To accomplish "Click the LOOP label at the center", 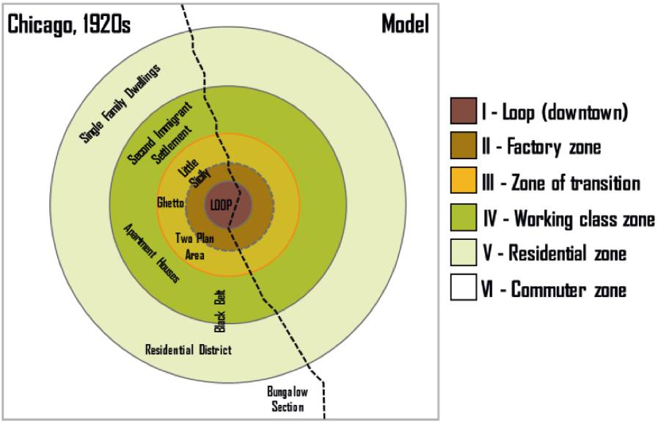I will tap(221, 205).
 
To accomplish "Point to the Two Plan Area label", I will tap(194, 246).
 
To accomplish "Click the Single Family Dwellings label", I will tap(120, 103).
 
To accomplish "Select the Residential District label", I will tap(189, 350).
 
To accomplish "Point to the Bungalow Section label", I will tap(287, 399).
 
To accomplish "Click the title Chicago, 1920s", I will tap(69, 24).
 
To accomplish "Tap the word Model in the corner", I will tap(405, 24).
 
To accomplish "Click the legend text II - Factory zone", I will tap(541, 147).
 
